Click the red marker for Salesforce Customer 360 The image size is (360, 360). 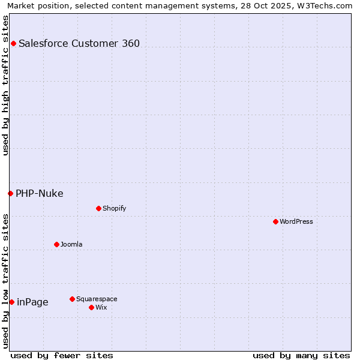[13, 43]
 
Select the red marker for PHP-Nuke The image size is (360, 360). [10, 193]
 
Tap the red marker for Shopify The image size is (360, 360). [98, 208]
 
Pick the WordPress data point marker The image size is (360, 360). [275, 221]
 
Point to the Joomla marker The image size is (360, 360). [56, 244]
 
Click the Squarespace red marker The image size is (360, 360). [72, 299]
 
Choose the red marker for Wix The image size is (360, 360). [91, 307]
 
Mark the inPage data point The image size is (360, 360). [11, 302]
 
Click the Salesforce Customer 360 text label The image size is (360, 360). [79, 43]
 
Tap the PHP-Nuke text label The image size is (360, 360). [40, 193]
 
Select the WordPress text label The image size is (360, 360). [296, 221]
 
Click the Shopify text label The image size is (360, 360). [114, 208]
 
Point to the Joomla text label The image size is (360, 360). [71, 244]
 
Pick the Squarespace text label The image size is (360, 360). [97, 299]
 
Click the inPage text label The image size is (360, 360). [32, 302]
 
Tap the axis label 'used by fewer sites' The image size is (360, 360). [62, 355]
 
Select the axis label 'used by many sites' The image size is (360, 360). [301, 355]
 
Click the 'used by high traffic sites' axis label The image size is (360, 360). [5, 85]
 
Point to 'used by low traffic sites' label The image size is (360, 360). [5, 280]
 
